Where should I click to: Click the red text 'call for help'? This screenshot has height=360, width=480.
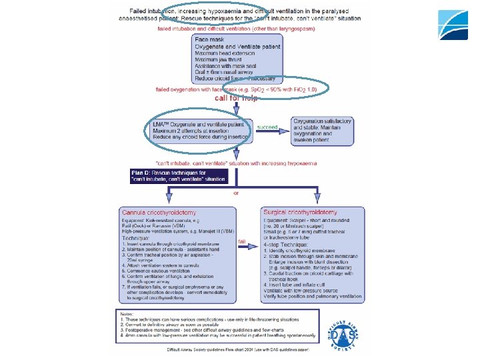(x=235, y=98)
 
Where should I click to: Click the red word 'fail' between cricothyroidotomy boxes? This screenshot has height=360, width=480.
(x=242, y=241)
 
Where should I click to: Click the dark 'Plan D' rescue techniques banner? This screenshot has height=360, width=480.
(x=178, y=175)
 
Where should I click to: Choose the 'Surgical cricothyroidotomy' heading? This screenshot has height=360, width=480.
(x=305, y=212)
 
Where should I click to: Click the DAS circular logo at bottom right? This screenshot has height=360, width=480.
(x=346, y=331)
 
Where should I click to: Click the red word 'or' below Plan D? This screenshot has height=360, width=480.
(x=235, y=193)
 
